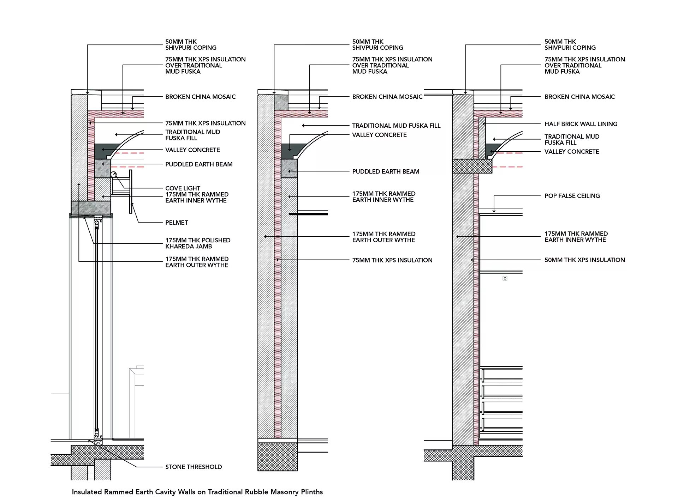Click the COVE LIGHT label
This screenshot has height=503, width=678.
[x=183, y=188]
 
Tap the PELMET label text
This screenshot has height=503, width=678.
[x=177, y=223]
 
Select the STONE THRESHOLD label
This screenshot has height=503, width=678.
[x=194, y=467]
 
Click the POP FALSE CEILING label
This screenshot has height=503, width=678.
[x=572, y=196]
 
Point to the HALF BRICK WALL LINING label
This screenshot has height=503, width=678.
[x=581, y=124]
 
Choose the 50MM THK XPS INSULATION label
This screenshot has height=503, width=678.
[x=584, y=260]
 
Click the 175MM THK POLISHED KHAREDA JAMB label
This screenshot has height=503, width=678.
[x=198, y=243]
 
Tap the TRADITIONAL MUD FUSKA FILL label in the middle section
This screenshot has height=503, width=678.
[x=396, y=126]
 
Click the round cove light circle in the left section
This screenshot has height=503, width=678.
[x=114, y=174]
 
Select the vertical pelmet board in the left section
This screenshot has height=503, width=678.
[x=131, y=192]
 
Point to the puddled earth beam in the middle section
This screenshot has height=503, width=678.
[x=289, y=168]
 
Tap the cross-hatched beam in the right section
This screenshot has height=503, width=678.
[x=472, y=166]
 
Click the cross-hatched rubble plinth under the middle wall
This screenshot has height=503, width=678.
[x=278, y=457]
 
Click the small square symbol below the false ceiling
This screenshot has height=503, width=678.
[x=505, y=278]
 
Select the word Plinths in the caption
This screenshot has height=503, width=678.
[x=311, y=492]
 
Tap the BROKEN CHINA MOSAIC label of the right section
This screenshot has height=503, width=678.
[x=579, y=97]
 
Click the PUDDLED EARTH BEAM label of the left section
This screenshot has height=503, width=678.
[x=199, y=164]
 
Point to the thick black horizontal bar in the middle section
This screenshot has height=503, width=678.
[x=308, y=214]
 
